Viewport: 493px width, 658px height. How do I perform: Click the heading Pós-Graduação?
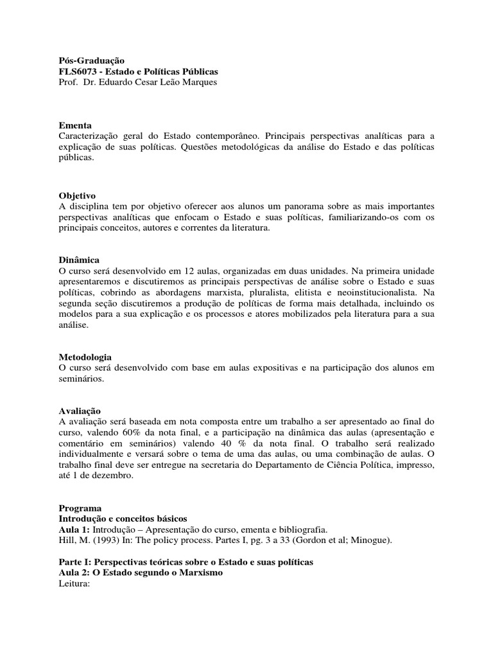[x=87, y=60]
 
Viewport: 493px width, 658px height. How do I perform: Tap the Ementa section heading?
[x=75, y=125]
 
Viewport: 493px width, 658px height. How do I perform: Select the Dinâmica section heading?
[x=79, y=260]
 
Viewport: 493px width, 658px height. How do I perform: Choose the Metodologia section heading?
[x=85, y=357]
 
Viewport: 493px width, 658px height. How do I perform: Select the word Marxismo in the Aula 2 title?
[x=197, y=573]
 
